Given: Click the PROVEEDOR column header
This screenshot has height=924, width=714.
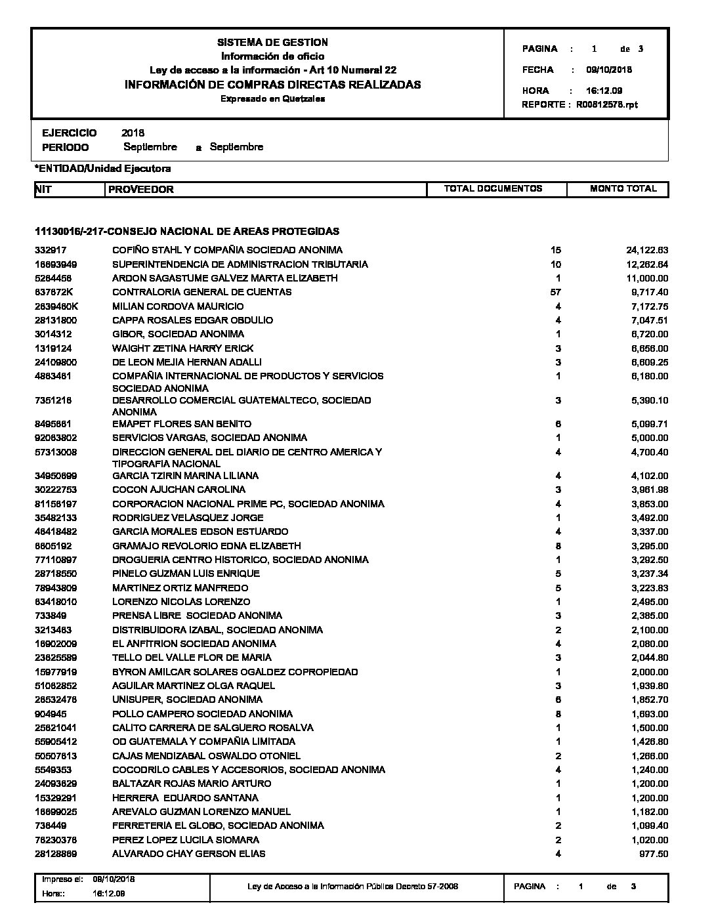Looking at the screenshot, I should (x=141, y=190).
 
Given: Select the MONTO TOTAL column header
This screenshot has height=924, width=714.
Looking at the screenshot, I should (x=623, y=189).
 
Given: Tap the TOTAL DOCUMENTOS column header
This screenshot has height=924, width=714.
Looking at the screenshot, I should (x=493, y=189).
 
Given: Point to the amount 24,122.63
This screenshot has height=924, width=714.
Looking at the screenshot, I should (x=646, y=250).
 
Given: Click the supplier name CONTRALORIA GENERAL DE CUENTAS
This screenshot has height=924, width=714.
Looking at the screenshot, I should (x=201, y=292).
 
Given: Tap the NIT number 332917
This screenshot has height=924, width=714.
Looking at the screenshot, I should (x=51, y=250).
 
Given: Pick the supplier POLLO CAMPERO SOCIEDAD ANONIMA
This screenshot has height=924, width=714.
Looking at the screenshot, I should (x=202, y=714).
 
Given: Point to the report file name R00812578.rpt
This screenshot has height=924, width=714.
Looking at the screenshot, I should (x=607, y=104).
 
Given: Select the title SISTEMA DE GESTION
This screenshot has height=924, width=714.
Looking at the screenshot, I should (x=272, y=43).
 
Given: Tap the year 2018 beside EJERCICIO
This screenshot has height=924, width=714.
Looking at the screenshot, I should (x=133, y=133).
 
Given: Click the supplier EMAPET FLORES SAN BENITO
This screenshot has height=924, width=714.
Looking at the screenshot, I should (x=182, y=424).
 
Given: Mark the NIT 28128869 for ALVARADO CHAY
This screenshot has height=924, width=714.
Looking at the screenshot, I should (x=56, y=854).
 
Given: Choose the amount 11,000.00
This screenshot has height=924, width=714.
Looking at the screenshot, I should (x=646, y=278).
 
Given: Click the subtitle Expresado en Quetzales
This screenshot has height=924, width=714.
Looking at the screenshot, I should (x=272, y=99).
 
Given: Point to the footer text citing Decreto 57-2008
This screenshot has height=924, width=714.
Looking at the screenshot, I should (x=352, y=887).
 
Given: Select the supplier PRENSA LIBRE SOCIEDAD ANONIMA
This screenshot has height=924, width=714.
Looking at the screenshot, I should (x=197, y=616).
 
